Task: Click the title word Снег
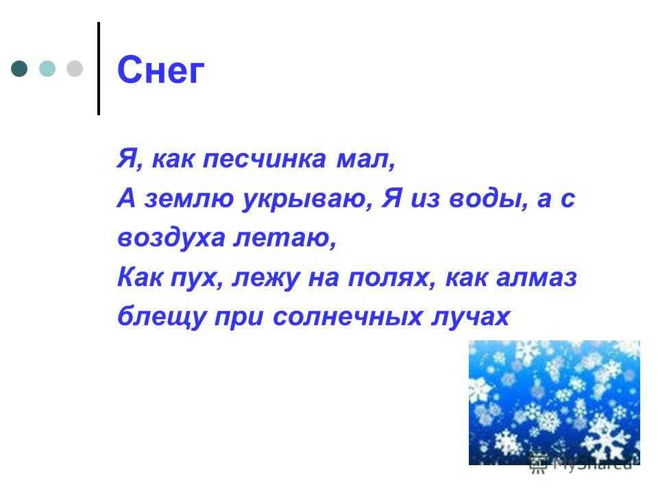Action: (160, 70)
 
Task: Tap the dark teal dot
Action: (19, 69)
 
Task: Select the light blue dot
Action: (47, 69)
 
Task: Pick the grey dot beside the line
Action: (75, 69)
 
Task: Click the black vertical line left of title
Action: (99, 69)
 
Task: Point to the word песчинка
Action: (265, 159)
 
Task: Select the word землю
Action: (189, 198)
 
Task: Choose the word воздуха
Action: (171, 238)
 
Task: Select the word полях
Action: (388, 277)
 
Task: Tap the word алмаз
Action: (537, 277)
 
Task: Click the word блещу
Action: (162, 317)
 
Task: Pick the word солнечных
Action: (348, 317)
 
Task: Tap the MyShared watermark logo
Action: (581, 464)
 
